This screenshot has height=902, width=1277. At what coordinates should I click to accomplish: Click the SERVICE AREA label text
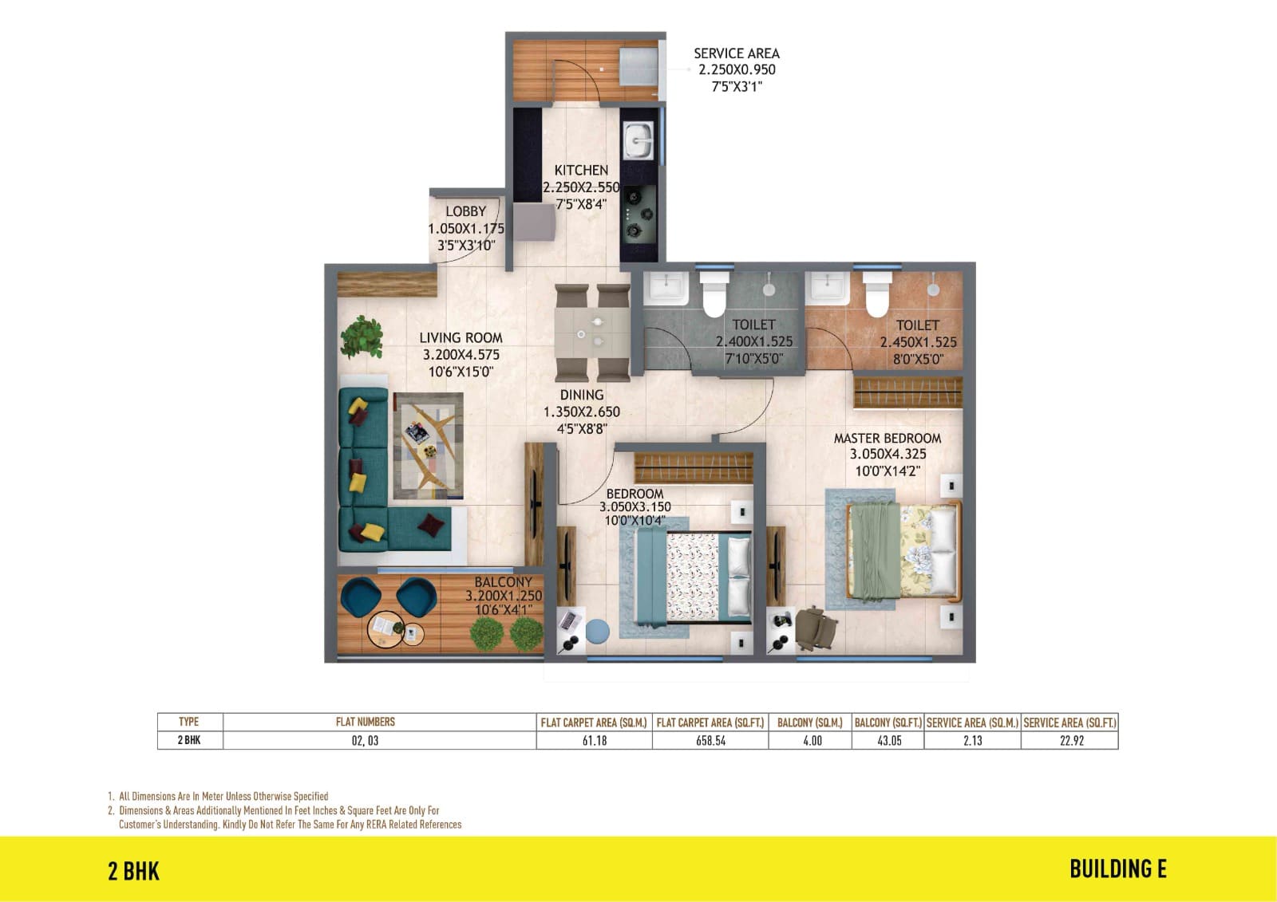pyautogui.click(x=736, y=53)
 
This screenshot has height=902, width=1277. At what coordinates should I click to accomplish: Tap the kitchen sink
pyautogui.click(x=638, y=140)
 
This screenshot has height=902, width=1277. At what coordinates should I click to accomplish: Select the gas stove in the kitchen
pyautogui.click(x=638, y=214)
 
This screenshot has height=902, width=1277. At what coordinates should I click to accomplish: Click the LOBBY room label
pyautogui.click(x=466, y=211)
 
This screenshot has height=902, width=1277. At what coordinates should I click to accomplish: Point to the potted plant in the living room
pyautogui.click(x=362, y=338)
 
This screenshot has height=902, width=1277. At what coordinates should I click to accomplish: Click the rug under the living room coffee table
pyautogui.click(x=428, y=446)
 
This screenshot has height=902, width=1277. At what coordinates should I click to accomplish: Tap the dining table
pyautogui.click(x=592, y=333)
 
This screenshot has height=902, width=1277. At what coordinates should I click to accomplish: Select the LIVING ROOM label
pyautogui.click(x=461, y=338)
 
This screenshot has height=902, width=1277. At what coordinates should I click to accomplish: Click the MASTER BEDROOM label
pyautogui.click(x=887, y=438)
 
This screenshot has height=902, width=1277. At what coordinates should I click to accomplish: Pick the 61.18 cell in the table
pyautogui.click(x=594, y=740)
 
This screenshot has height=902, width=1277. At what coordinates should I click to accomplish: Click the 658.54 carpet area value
pyautogui.click(x=710, y=740)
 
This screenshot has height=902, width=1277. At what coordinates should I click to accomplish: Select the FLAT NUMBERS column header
pyautogui.click(x=365, y=722)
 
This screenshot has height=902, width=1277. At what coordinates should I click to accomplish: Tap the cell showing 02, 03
pyautogui.click(x=365, y=740)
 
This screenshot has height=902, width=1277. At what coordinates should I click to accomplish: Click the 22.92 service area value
pyautogui.click(x=1071, y=740)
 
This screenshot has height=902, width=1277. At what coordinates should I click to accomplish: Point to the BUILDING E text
pyautogui.click(x=1118, y=869)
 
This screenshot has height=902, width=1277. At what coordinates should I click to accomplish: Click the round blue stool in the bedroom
pyautogui.click(x=597, y=632)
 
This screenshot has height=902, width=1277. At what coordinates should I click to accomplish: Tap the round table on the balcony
pyautogui.click(x=386, y=629)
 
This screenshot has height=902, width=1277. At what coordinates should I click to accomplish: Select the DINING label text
pyautogui.click(x=582, y=395)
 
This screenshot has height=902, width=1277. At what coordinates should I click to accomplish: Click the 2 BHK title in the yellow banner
pyautogui.click(x=134, y=871)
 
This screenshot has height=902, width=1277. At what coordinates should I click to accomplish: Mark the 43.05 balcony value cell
pyautogui.click(x=888, y=740)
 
